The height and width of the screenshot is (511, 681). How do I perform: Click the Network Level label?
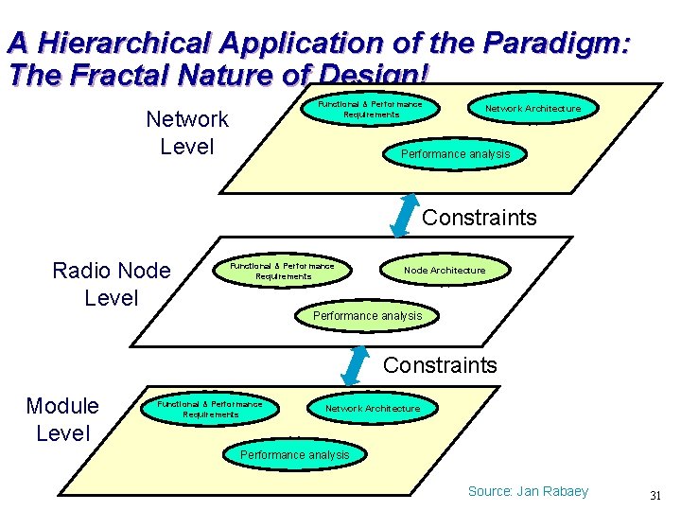click(x=187, y=132)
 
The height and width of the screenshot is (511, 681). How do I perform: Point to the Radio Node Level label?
click(x=112, y=284)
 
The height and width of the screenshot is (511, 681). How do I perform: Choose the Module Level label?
click(x=62, y=419)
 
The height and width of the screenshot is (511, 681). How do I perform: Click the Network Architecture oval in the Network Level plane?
click(x=533, y=109)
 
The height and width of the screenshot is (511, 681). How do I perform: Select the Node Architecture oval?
click(x=445, y=271)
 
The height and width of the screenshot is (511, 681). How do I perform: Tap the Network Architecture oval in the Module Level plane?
click(x=373, y=409)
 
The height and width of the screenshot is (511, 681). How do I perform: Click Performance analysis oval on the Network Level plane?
click(x=455, y=154)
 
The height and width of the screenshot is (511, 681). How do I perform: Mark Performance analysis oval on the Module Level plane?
click(x=294, y=455)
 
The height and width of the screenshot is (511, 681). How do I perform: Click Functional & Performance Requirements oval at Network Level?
click(x=371, y=109)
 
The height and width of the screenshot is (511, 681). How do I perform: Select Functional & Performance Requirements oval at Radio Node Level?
click(x=283, y=271)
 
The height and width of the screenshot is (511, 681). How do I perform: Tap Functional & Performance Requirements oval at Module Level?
click(x=210, y=409)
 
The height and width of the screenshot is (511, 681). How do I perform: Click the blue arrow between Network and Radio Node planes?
click(x=404, y=214)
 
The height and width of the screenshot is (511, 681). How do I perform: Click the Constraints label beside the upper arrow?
click(x=479, y=218)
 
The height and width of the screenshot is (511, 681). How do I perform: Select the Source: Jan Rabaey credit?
click(x=528, y=491)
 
